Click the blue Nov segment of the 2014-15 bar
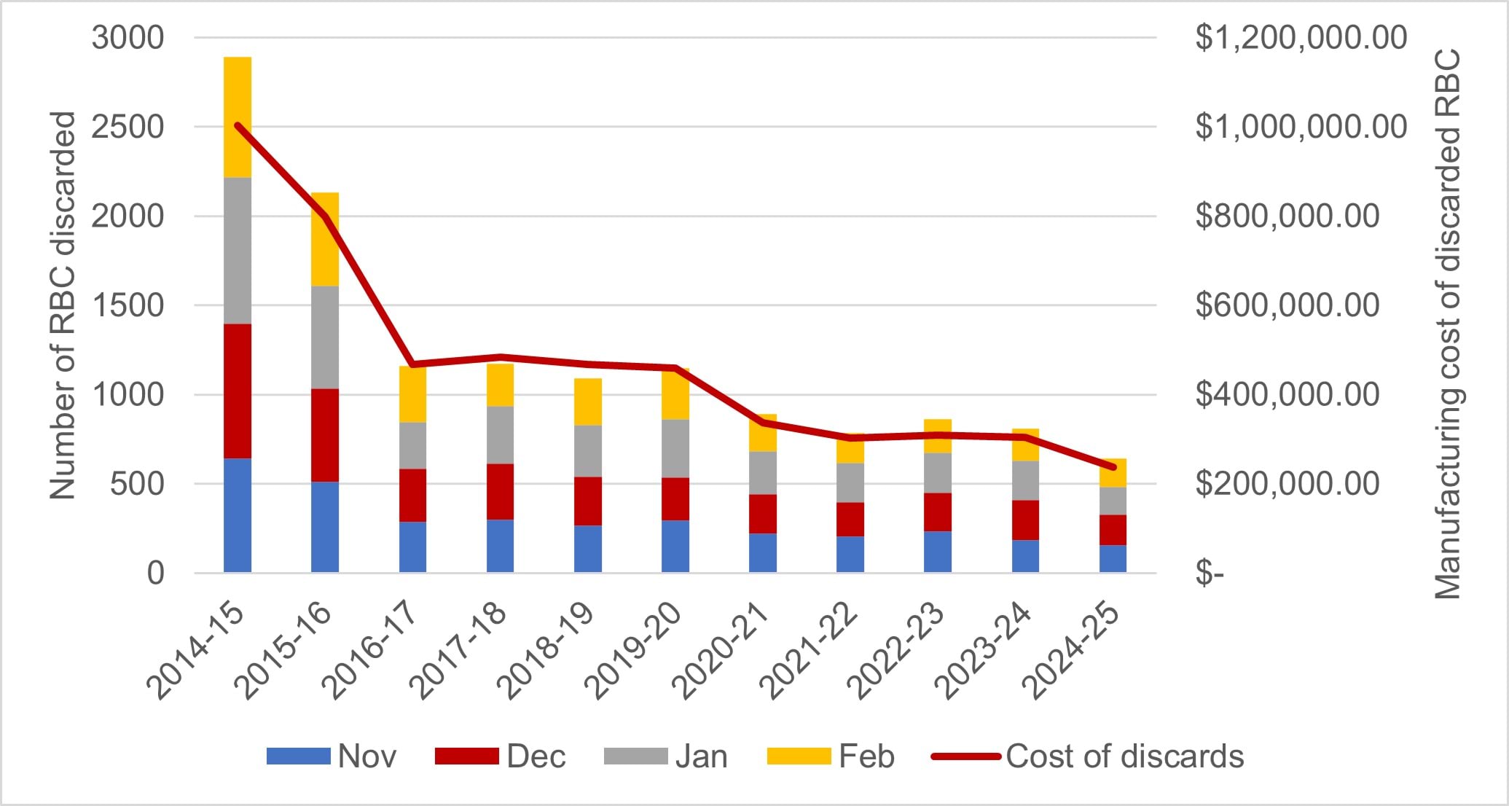(238, 514)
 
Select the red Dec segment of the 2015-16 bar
(325, 434)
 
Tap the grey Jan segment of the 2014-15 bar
(238, 250)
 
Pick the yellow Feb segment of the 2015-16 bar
(325, 239)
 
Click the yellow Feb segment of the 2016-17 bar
(412, 394)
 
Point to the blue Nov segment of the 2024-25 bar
(1113, 558)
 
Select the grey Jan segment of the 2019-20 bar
(675, 448)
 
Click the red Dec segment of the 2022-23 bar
(938, 512)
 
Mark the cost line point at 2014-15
(238, 125)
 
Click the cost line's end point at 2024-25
(1113, 467)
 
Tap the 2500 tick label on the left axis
(128, 127)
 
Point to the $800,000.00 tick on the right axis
(1287, 216)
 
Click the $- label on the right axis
(1210, 574)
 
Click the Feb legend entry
(866, 756)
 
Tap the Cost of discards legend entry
(1124, 756)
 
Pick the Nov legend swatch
(298, 756)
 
